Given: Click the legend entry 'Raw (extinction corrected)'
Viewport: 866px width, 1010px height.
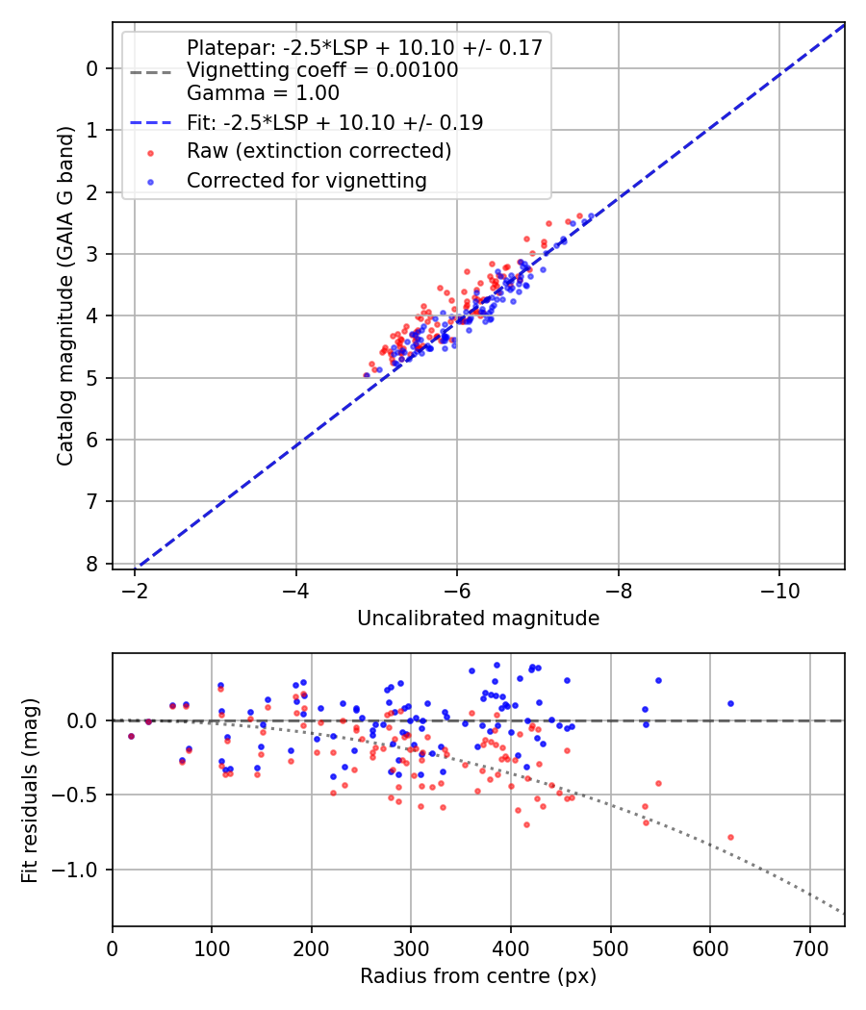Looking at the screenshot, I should (x=318, y=151).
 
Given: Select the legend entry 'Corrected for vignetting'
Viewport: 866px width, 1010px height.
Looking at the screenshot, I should (x=307, y=180).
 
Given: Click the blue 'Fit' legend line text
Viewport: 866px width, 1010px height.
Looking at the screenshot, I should (x=335, y=122).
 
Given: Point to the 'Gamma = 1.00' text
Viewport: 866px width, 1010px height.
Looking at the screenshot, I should (x=263, y=93).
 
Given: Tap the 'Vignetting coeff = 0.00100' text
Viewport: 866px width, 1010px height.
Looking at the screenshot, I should (x=322, y=70).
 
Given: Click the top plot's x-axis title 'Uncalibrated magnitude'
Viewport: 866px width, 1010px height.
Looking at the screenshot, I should (x=478, y=619).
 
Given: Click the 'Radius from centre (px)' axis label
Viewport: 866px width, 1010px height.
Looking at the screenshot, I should (x=478, y=976).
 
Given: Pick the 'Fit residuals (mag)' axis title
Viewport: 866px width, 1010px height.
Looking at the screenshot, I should (x=30, y=791).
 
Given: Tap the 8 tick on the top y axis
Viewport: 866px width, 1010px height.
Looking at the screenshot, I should (x=92, y=564).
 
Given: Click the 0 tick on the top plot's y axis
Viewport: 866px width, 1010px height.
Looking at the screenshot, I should (x=92, y=68).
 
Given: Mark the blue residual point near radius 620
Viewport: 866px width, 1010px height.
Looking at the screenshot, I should (x=730, y=703).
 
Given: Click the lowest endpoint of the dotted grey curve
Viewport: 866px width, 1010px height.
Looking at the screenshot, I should (x=844, y=913).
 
